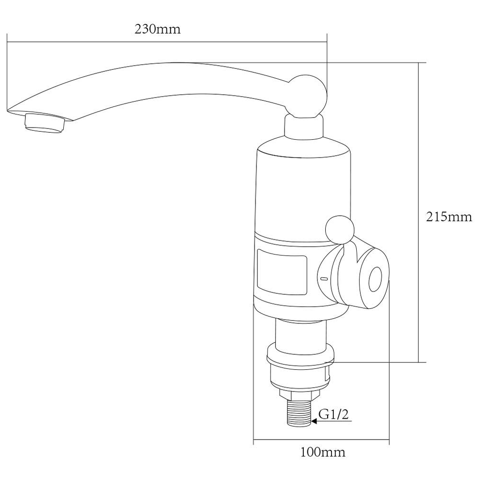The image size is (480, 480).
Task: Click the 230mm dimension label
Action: [157, 29]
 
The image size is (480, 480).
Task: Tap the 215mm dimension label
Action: [449, 217]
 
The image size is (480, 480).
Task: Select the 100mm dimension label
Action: [322, 452]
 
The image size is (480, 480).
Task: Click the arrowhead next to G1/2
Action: [313, 421]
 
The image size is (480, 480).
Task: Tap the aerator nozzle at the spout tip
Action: [45, 123]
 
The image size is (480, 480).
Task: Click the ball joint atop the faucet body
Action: [307, 96]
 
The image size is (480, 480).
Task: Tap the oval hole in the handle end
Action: [375, 278]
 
